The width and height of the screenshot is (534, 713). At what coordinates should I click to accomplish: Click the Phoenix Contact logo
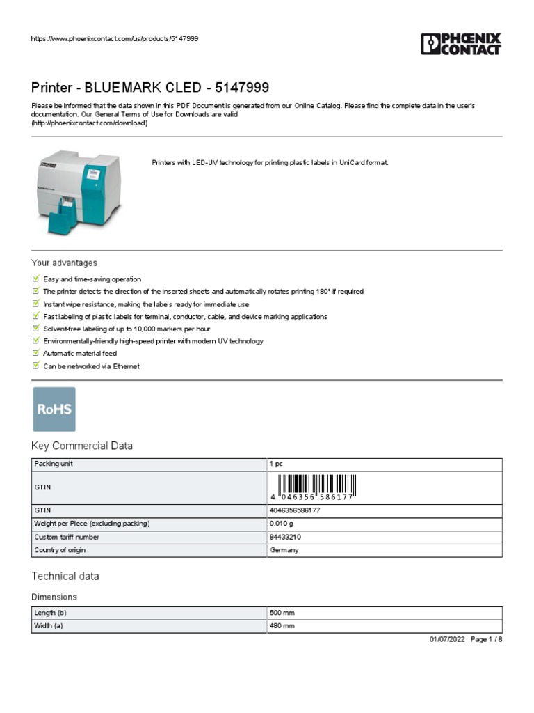click(460, 44)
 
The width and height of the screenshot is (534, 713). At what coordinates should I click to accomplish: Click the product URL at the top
click(115, 38)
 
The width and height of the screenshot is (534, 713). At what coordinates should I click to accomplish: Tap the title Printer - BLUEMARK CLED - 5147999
click(150, 88)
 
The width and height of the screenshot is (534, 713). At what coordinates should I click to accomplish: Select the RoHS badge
click(54, 409)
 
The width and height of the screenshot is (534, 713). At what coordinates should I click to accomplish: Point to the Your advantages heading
click(64, 263)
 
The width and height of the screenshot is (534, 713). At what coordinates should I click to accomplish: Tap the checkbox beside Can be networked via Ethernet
click(36, 366)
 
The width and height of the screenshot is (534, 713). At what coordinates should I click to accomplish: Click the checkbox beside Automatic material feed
click(36, 354)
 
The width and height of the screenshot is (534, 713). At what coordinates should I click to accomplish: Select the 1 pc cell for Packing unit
click(276, 464)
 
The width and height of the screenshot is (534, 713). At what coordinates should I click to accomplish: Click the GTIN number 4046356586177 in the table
click(295, 510)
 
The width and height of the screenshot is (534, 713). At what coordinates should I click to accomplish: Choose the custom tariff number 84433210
click(285, 538)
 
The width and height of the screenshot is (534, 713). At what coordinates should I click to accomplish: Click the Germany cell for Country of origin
click(284, 551)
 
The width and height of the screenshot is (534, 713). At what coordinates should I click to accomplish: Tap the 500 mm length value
click(282, 613)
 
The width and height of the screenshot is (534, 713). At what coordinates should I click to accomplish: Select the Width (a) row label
click(49, 626)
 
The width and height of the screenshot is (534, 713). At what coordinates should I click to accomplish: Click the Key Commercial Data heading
click(82, 446)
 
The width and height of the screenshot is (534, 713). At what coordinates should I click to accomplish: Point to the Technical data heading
click(65, 577)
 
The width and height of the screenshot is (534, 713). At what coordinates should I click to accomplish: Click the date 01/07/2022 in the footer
click(447, 640)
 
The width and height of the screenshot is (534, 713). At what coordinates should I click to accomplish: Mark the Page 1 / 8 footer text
click(487, 640)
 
